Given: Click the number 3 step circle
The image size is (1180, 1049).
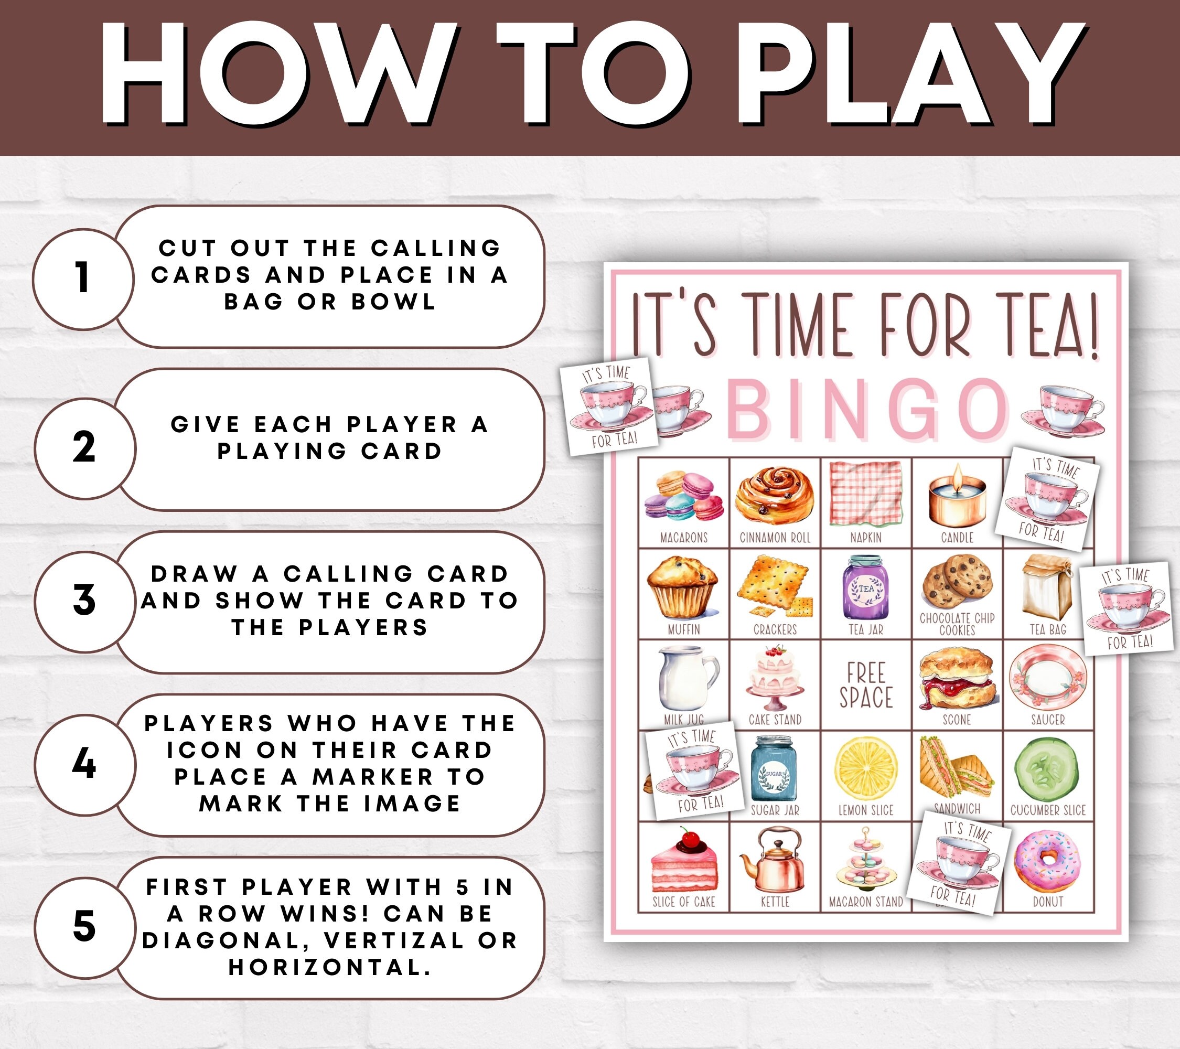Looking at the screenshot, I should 84,601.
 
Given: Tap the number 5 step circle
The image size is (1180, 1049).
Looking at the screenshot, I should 84,927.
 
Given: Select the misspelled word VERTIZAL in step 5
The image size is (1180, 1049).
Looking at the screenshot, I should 393,940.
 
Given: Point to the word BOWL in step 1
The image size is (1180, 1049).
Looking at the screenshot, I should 394,302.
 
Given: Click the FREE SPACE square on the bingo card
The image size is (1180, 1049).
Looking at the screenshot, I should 866,686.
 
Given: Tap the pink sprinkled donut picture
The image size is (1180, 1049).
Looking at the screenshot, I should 1047,862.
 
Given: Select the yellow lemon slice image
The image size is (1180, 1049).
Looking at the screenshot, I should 866,769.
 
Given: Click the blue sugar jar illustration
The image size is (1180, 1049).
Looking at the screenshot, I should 774,769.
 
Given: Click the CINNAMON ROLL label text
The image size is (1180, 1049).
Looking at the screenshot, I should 775,538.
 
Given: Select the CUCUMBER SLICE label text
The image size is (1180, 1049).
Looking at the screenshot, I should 1048,810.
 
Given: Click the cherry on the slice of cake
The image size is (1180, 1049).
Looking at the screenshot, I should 687,838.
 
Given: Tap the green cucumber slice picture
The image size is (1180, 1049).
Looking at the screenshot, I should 1047,769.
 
